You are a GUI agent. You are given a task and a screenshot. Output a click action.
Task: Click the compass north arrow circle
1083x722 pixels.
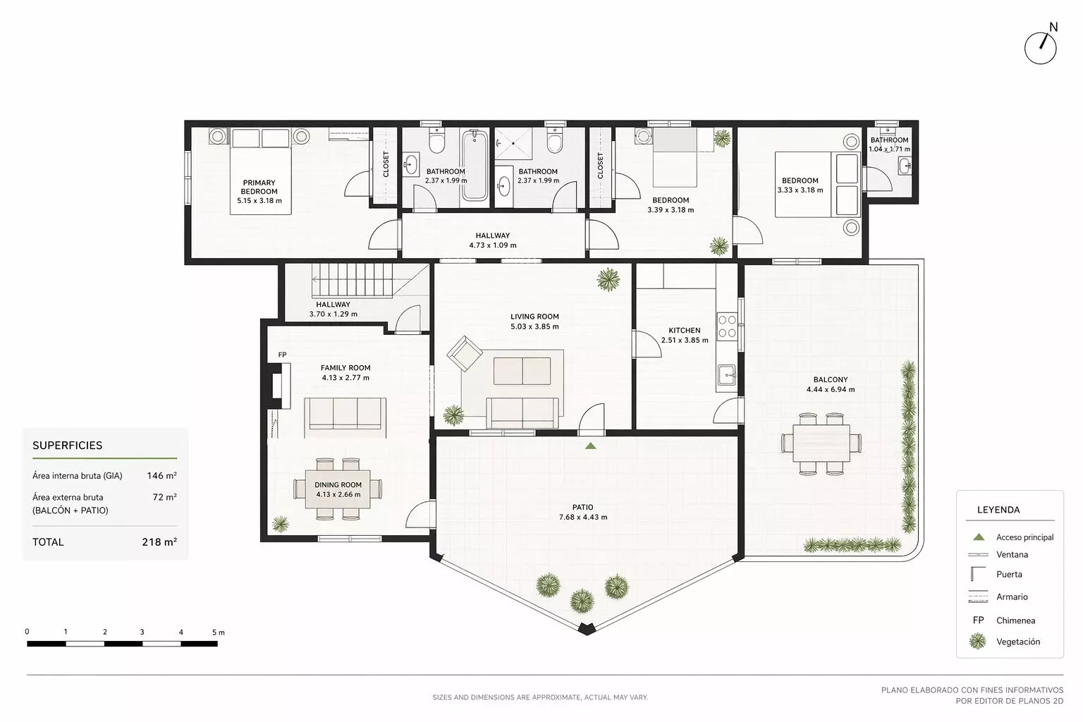(1040, 49)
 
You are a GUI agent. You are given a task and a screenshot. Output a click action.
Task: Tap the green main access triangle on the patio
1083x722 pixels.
(590, 446)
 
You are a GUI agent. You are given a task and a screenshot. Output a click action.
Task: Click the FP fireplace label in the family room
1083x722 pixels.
(282, 355)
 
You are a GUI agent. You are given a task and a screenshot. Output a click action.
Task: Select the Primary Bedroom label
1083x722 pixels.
(259, 187)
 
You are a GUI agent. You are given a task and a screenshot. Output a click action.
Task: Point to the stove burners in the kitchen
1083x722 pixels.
(727, 326)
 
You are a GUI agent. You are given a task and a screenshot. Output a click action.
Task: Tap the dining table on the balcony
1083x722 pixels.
(821, 443)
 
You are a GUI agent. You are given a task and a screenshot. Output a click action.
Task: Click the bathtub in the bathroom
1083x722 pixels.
(475, 165)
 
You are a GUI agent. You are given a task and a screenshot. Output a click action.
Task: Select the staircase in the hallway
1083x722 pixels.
(352, 280)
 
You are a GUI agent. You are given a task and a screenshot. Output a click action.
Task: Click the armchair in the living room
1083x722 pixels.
(465, 353)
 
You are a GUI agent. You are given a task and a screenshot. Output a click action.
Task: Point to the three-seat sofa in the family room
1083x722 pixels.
(345, 414)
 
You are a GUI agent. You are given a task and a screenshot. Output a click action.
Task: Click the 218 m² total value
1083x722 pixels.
(159, 541)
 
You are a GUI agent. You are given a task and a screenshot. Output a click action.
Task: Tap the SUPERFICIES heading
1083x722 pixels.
(67, 446)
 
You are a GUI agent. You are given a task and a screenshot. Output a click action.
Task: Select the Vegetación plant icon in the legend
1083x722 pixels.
(978, 641)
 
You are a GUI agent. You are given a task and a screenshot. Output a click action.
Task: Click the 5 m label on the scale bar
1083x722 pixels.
(219, 632)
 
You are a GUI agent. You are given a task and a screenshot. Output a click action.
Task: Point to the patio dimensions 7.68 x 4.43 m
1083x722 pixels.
(583, 517)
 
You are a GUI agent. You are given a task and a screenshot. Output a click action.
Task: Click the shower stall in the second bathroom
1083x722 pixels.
(513, 143)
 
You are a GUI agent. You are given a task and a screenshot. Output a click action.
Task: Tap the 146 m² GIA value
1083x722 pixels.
(161, 475)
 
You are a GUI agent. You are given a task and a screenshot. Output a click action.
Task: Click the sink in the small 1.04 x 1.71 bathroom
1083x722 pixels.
(905, 166)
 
